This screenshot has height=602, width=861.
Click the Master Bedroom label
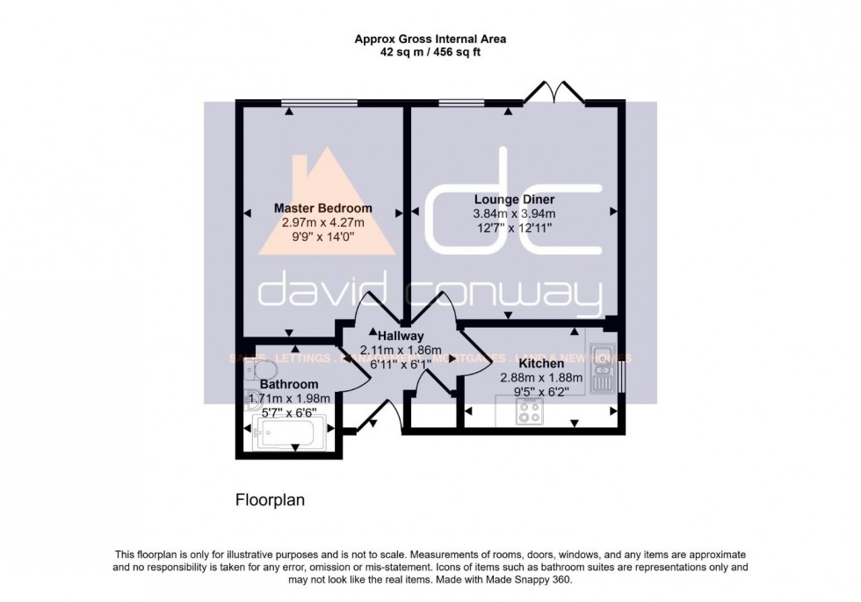tap(322, 208)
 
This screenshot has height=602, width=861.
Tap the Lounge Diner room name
tap(514, 199)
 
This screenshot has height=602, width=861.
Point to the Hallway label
tap(401, 336)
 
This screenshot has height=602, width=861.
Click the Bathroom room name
tap(289, 384)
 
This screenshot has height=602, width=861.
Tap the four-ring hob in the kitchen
tap(531, 410)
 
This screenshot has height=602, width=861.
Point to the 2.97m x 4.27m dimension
tap(322, 222)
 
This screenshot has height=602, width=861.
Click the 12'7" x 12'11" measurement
tap(514, 227)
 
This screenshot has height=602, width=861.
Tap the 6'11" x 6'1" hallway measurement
tap(401, 363)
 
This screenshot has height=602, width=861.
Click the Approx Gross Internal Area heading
tap(430, 39)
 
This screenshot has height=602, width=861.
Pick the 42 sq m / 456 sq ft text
tap(430, 52)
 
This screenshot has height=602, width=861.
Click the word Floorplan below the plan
tap(269, 500)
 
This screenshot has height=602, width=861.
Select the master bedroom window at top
tap(320, 103)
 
